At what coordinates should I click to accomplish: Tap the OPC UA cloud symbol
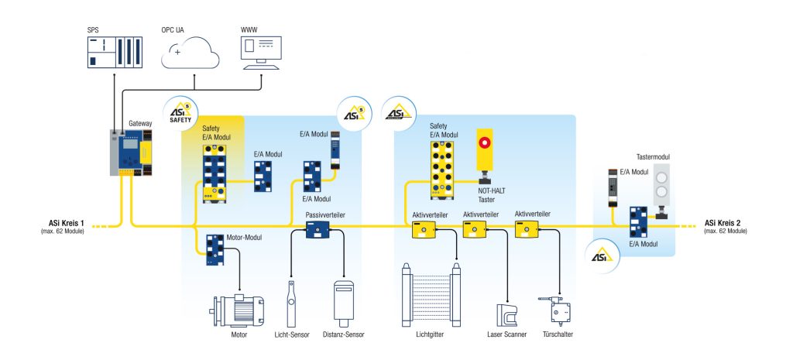tap(191, 55)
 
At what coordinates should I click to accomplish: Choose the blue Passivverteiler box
tap(318, 230)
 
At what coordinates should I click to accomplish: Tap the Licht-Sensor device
tap(291, 305)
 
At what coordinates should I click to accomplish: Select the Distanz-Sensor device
tap(345, 304)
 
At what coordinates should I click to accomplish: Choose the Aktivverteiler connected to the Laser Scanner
tap(474, 228)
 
